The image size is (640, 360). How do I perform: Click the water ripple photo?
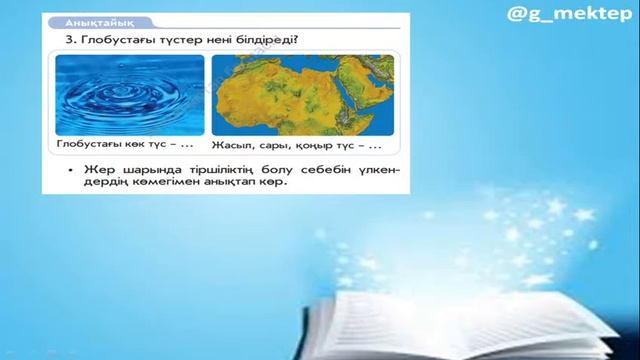tap(129, 95)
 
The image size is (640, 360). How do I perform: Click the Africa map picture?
tap(303, 95)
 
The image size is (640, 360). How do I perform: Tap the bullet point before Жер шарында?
tap(70, 169)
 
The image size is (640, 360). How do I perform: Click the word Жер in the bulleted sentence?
tap(96, 169)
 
